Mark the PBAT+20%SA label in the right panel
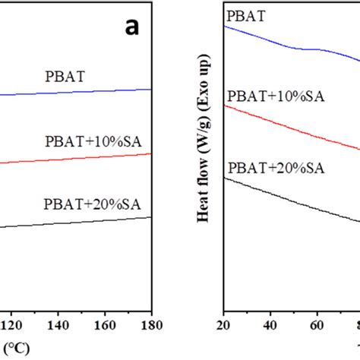(275, 167)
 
